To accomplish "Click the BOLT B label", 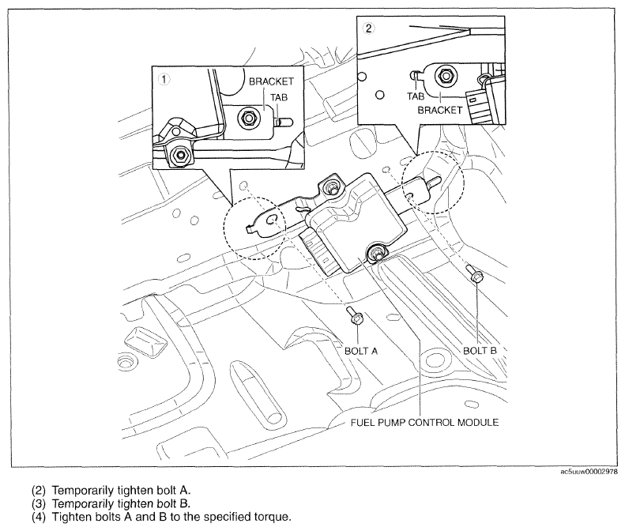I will point(480,348).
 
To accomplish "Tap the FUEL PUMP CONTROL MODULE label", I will point(424,422).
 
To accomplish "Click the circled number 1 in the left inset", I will point(164,79).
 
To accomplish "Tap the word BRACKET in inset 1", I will point(271,81).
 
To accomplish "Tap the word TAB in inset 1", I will point(280,96).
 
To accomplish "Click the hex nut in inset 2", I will point(445,76).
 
